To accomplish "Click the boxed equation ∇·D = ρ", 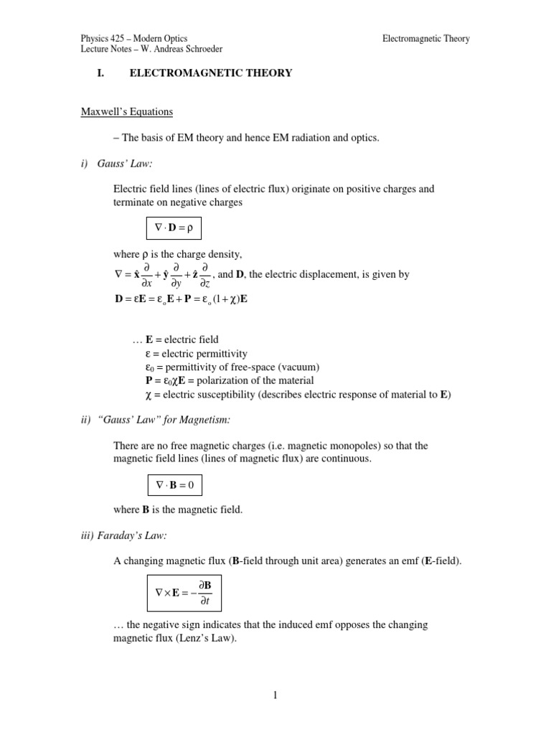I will point(174,229).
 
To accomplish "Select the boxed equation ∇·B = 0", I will point(174,486).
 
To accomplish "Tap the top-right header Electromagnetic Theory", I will point(426,39).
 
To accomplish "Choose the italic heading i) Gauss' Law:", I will point(119,164).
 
